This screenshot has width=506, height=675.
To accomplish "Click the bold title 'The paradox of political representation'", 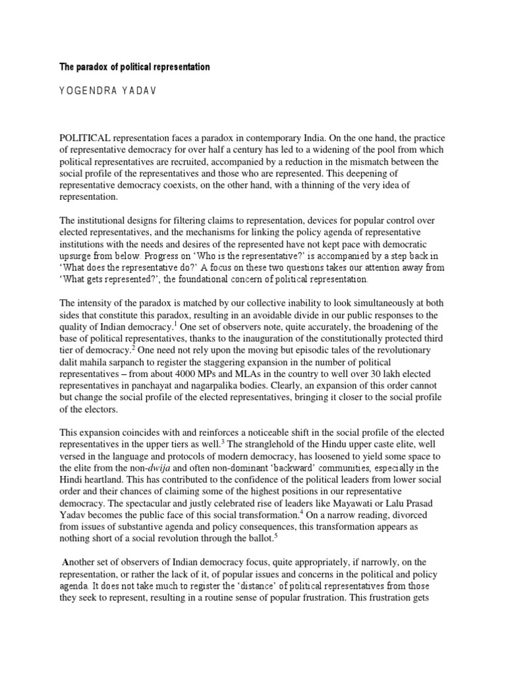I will tap(134, 67).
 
